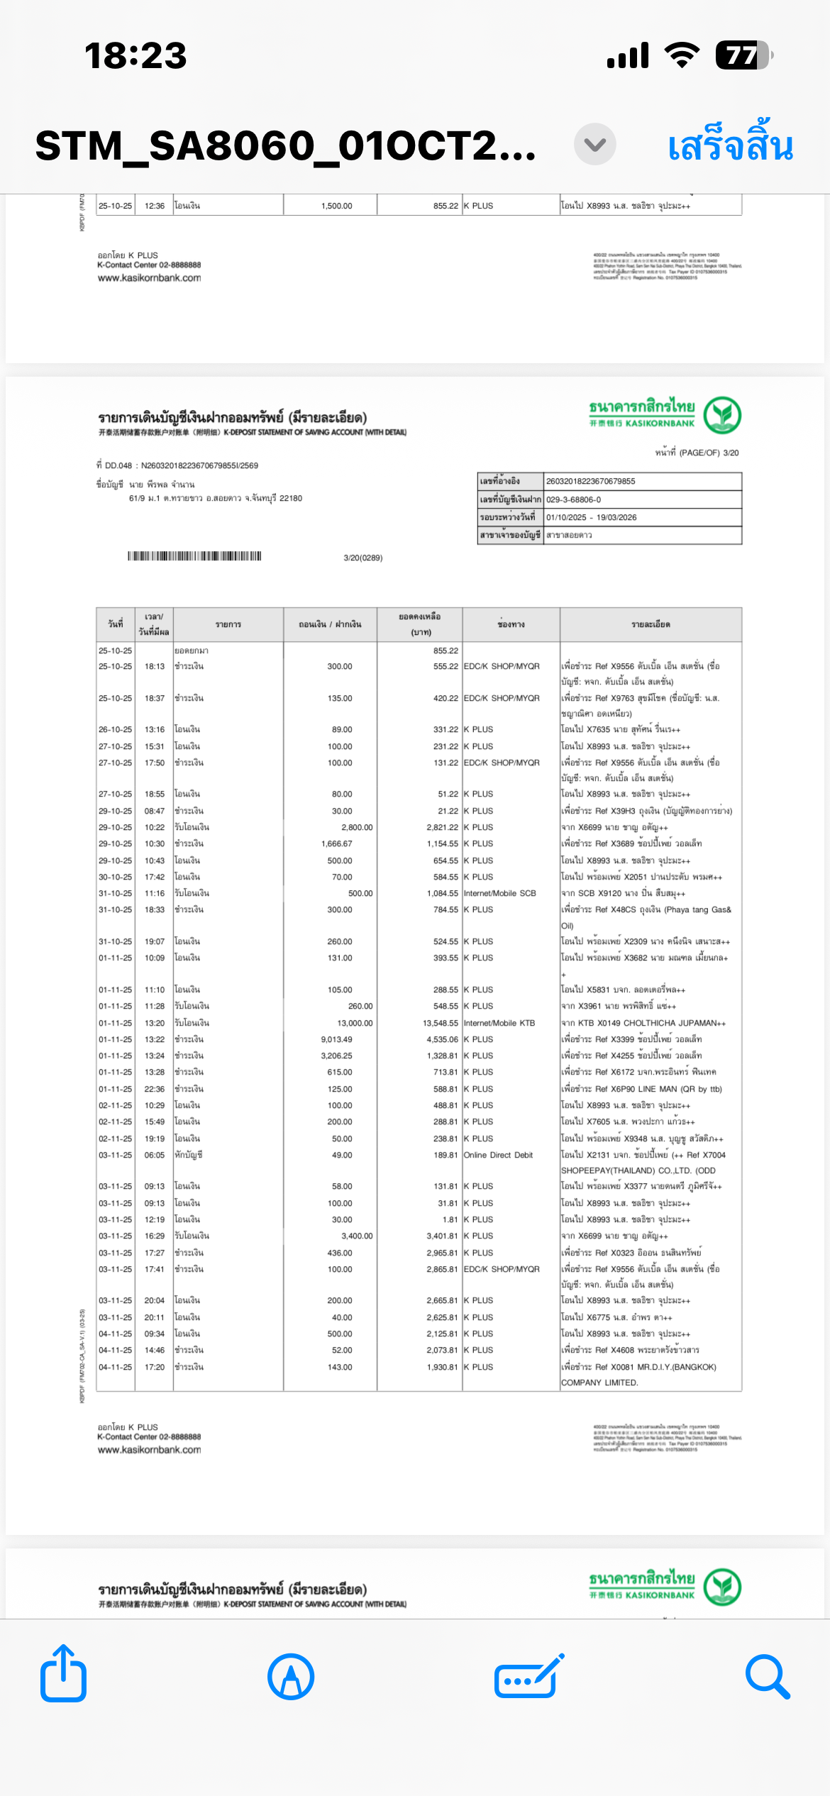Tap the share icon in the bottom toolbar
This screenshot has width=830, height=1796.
63,1675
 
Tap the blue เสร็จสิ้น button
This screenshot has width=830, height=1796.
730,146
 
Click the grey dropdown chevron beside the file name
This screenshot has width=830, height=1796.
594,145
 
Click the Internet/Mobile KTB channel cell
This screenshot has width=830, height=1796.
499,1023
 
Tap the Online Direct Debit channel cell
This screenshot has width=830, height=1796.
498,1155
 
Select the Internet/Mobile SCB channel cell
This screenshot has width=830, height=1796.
500,893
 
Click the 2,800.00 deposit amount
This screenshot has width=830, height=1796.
357,827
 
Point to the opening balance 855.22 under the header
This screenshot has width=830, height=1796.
446,650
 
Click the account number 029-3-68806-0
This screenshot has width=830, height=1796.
573,499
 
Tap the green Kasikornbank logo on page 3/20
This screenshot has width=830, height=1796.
722,415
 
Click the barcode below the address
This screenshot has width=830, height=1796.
194,556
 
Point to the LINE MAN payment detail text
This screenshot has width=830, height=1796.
641,1089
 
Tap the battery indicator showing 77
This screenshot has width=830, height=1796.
743,55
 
